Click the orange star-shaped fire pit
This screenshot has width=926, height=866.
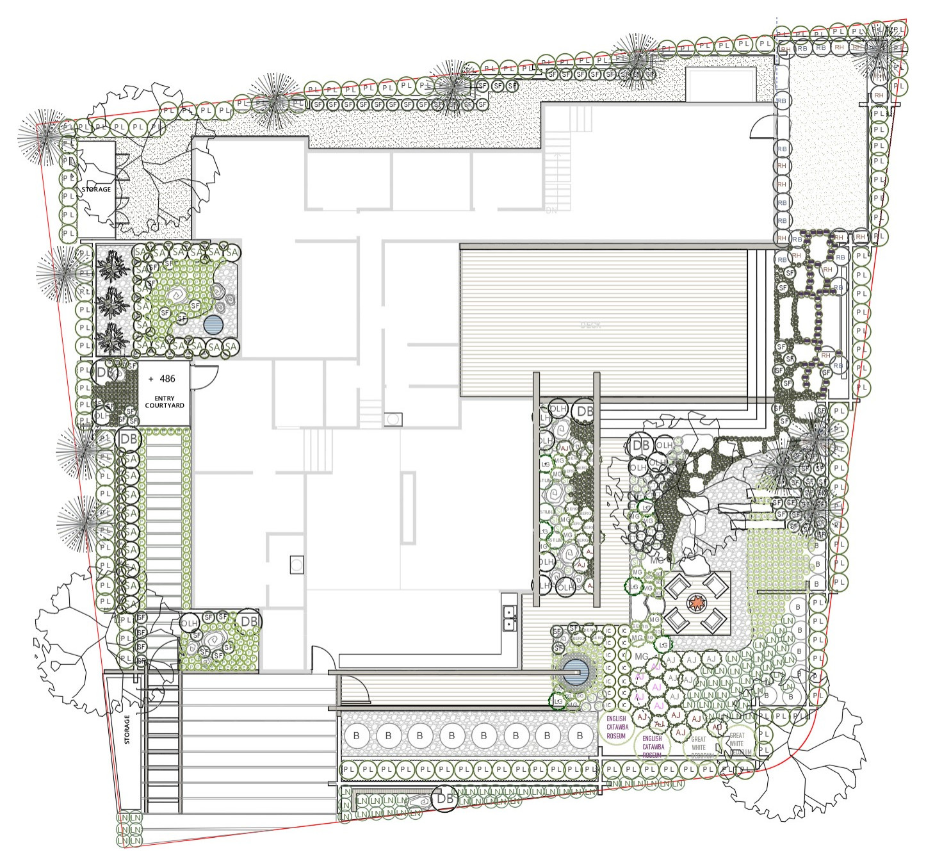tap(696, 603)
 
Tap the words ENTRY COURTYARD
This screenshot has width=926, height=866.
tap(165, 402)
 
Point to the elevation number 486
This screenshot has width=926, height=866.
tap(167, 379)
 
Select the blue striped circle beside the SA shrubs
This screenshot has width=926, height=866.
tap(213, 325)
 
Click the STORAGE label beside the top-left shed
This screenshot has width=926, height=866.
tap(96, 190)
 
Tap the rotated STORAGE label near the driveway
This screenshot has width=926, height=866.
tap(127, 730)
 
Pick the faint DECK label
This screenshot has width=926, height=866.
tap(590, 325)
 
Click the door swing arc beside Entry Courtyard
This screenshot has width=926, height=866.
tap(206, 377)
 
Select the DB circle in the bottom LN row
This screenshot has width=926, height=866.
tap(444, 799)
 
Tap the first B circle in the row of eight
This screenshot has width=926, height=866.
tap(356, 735)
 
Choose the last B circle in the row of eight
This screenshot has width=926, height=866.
tap(580, 735)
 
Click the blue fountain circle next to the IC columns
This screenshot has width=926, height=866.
tap(575, 672)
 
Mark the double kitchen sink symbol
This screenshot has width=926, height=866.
tap(509, 617)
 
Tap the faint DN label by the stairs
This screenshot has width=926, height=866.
tap(551, 211)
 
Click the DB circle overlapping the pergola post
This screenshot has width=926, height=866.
tap(585, 411)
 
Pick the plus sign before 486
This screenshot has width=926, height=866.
tap(151, 379)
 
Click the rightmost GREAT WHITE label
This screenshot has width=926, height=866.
tap(738, 744)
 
